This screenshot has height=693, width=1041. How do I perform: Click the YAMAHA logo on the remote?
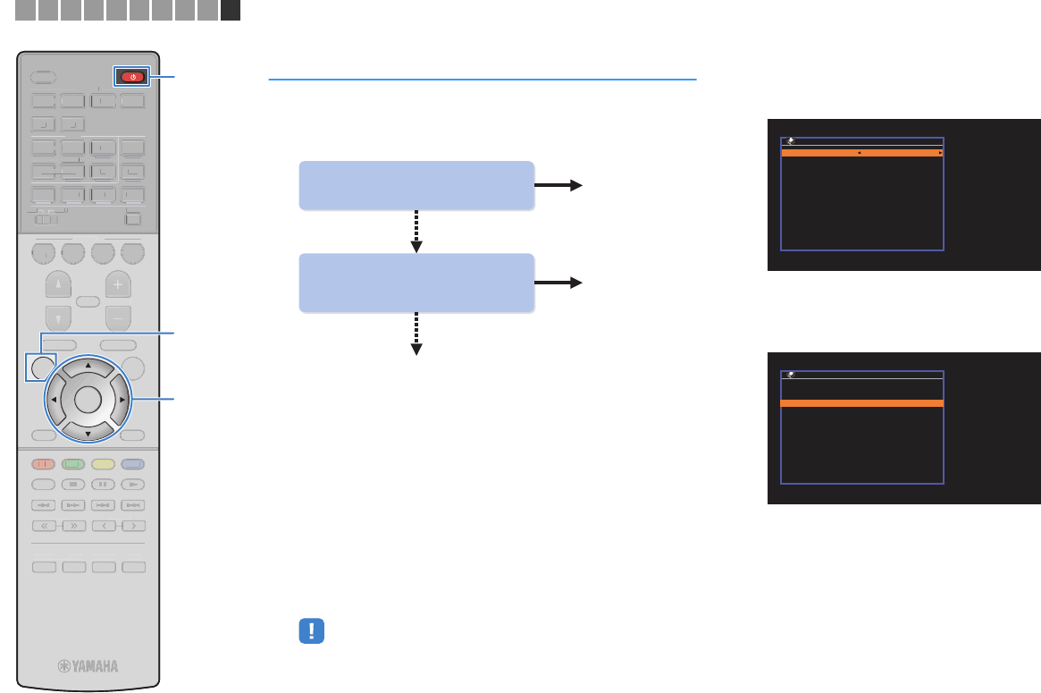(x=88, y=665)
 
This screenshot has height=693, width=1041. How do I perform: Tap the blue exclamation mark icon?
(x=310, y=630)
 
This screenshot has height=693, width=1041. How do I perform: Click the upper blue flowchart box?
(x=416, y=185)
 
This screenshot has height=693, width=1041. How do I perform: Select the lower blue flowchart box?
(x=416, y=283)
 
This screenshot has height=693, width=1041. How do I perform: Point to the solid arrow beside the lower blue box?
(x=558, y=283)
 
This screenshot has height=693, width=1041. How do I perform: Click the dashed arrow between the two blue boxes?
(x=416, y=232)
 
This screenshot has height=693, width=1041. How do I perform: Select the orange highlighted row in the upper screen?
(x=862, y=154)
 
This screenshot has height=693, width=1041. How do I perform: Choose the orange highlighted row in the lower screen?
(x=862, y=403)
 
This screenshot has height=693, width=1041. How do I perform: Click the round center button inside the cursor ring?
(x=88, y=399)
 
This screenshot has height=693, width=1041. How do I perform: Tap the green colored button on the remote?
(x=75, y=463)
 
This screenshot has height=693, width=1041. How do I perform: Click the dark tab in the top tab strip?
(x=231, y=10)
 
